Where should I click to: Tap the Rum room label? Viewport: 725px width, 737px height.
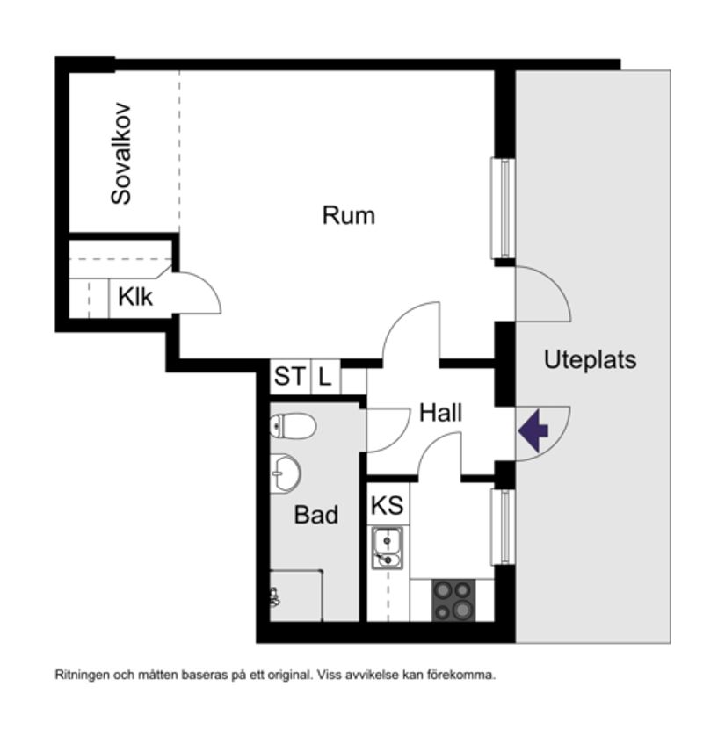point(348,215)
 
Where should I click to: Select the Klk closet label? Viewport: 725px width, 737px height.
point(134,297)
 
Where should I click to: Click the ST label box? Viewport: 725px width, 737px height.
point(289,378)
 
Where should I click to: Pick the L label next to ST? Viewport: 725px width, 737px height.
point(325,378)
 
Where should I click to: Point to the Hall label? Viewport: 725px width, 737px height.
point(440,413)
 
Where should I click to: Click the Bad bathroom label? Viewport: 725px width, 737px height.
point(315,515)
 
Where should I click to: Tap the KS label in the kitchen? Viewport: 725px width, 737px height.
point(387,506)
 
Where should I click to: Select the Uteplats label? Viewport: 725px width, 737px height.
point(590,360)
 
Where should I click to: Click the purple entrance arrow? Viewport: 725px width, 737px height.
point(533,432)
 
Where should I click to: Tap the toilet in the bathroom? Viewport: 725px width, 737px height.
point(293,427)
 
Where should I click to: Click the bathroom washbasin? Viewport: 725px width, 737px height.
point(285,473)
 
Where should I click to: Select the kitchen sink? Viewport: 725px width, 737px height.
point(387,547)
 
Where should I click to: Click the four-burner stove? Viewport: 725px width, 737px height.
point(453,601)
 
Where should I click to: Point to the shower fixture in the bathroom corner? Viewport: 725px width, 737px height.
point(275,597)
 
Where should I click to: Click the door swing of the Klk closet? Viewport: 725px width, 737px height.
point(198,293)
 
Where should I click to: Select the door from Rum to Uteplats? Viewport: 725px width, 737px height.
point(540,294)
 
